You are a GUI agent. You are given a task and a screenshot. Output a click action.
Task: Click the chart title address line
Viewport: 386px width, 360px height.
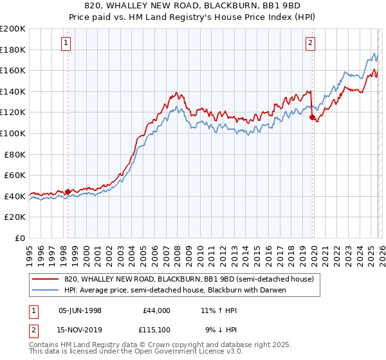click(193, 6)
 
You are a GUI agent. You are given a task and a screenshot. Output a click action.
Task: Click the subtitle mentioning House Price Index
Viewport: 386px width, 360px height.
click(193, 17)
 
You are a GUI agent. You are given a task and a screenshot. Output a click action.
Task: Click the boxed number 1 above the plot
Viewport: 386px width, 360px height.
click(68, 43)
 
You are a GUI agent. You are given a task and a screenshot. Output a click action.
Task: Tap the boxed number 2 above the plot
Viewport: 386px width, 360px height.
click(310, 43)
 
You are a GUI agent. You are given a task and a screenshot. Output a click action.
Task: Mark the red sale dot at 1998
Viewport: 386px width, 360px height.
click(68, 192)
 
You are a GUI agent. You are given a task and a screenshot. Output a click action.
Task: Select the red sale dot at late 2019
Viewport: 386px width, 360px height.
click(312, 118)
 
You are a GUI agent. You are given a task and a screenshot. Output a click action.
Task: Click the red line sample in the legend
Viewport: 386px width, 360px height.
click(46, 280)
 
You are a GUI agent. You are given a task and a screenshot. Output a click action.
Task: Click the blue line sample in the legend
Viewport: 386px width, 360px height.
click(46, 291)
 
